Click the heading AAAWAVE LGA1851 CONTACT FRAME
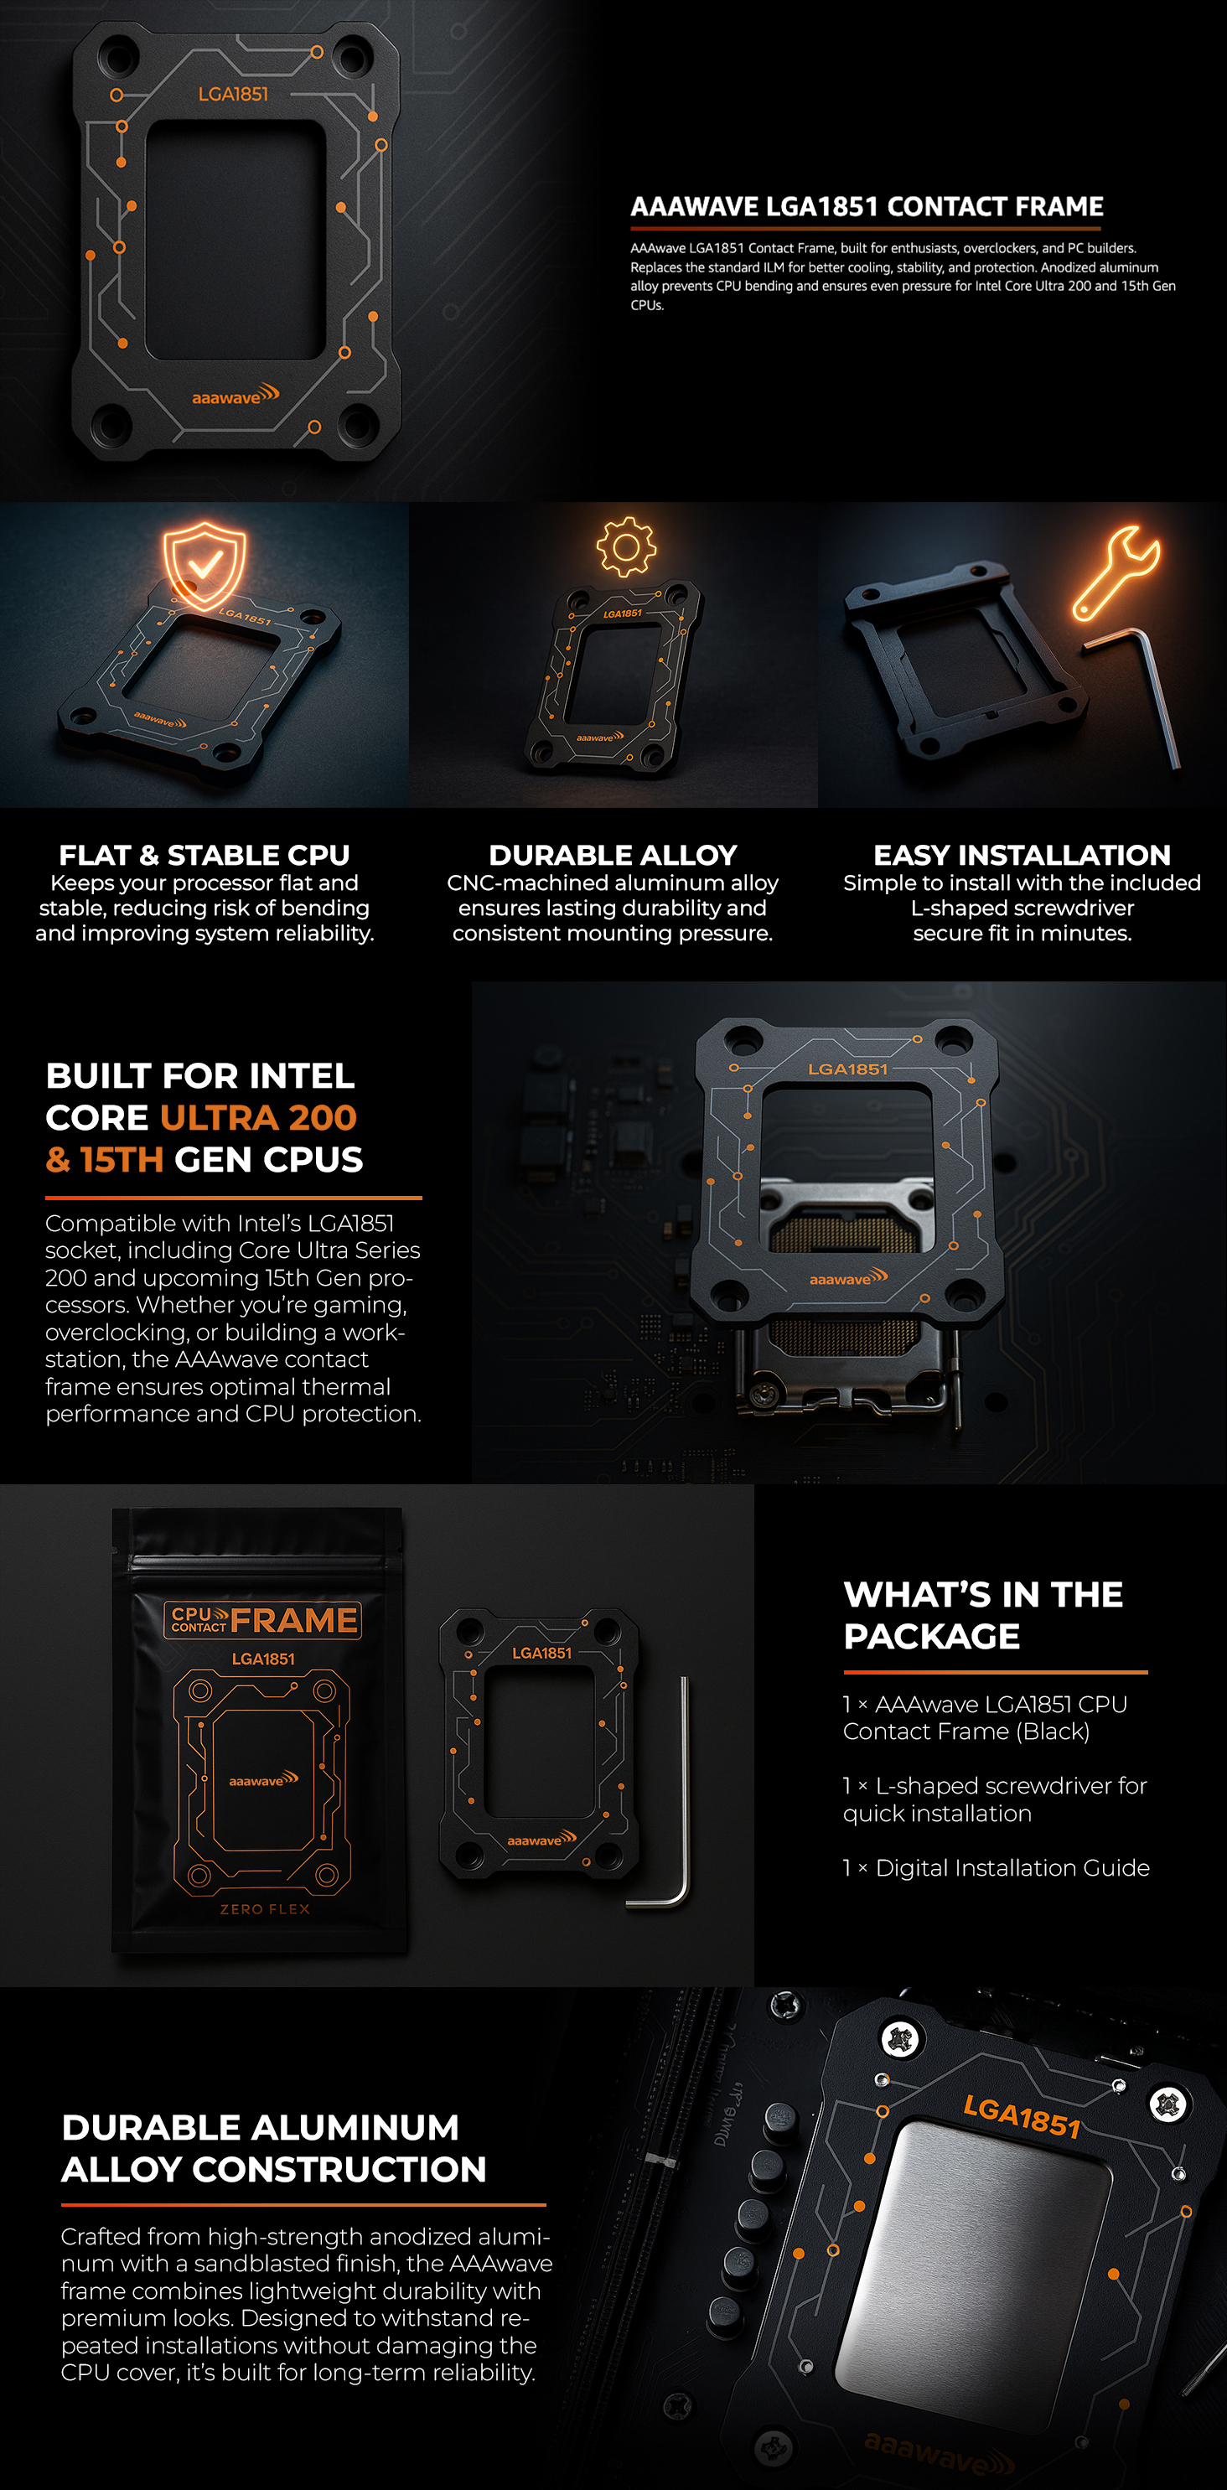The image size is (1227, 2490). [867, 207]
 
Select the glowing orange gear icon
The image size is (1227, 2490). [625, 547]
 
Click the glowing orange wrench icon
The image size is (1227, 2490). [1116, 572]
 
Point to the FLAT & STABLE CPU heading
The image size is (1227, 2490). [204, 856]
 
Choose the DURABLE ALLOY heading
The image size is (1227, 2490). [613, 856]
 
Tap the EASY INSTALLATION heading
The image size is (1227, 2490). [1022, 856]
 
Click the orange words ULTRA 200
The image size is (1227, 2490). [258, 1117]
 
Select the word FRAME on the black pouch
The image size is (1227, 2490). [294, 1620]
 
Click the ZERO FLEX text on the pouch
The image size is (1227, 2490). [265, 1909]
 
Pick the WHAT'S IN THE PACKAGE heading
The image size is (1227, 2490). [983, 1614]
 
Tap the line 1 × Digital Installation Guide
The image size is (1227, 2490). [996, 1867]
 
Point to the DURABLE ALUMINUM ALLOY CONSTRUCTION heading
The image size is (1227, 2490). [273, 2148]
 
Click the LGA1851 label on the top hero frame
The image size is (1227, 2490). [233, 94]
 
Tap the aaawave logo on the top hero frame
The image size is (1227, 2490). [235, 396]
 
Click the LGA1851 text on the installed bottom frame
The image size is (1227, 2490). [1022, 2117]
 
